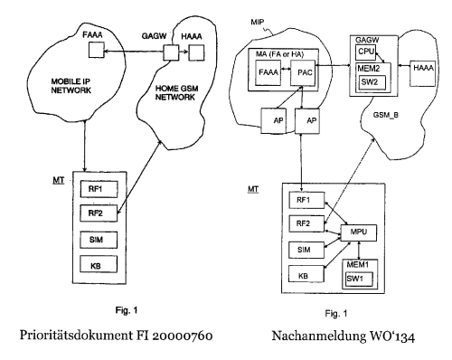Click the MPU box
coord(359,232)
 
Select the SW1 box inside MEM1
coord(359,279)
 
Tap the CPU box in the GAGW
coord(365,52)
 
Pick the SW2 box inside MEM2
coord(372,82)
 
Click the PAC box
coord(303,73)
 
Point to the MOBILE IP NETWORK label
coord(71,86)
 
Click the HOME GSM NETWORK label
coord(176,93)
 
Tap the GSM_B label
coord(386,115)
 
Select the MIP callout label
coord(257,22)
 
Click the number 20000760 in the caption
coord(182,336)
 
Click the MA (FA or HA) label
coord(279,54)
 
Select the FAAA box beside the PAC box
coord(268,73)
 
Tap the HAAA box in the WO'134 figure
coord(423,74)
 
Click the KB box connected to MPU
coord(306,274)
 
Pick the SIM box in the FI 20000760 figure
coord(99,240)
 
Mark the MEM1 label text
coord(357,265)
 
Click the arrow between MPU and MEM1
coord(359,250)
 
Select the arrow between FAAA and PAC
coord(286,70)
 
